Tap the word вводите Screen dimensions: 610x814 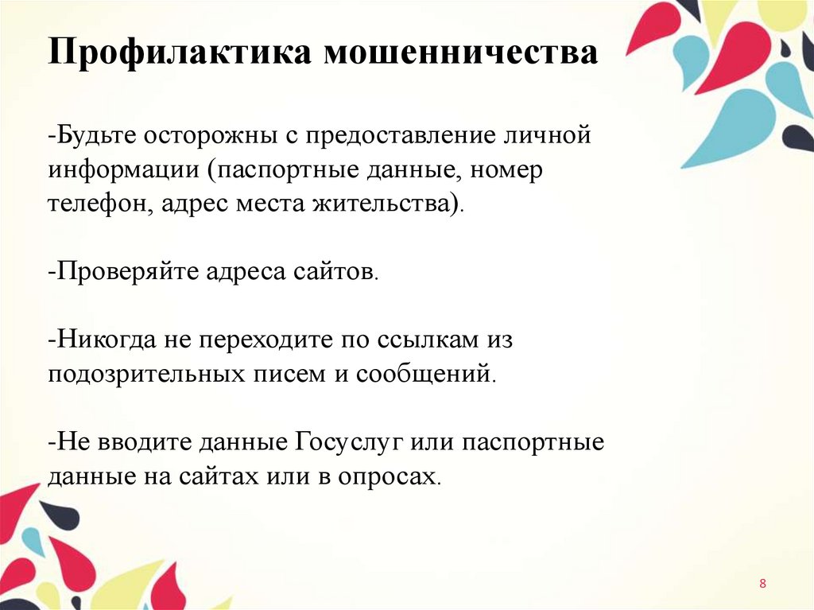click(130, 442)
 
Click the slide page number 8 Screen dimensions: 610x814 click(763, 585)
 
